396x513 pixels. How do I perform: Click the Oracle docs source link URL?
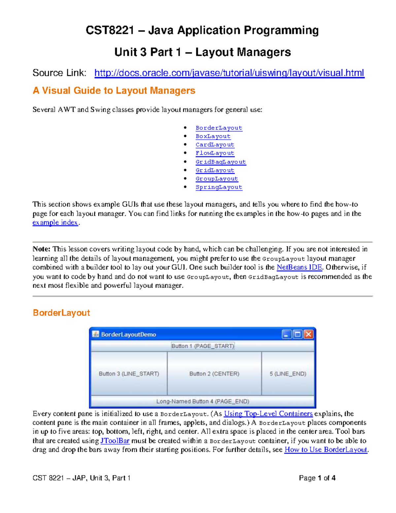(229, 73)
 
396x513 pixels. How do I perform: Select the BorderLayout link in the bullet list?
(219, 128)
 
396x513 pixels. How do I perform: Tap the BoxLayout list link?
(213, 136)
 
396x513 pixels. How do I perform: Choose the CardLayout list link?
(215, 145)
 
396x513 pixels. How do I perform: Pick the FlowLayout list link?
(215, 153)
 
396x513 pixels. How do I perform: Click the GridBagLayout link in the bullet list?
(220, 162)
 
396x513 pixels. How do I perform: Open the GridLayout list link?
(215, 170)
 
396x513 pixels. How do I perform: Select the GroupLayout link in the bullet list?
(216, 179)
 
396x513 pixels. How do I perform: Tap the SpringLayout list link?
(219, 187)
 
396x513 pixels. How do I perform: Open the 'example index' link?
(55, 223)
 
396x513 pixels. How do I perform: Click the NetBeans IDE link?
(299, 267)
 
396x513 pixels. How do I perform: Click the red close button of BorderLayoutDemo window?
(308, 334)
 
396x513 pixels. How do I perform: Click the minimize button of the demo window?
(286, 334)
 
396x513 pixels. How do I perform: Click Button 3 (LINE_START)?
(129, 374)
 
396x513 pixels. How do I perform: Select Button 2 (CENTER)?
(214, 374)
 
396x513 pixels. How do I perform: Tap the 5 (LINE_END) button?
(288, 374)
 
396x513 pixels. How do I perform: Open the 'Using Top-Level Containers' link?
(268, 414)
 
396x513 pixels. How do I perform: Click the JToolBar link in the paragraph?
(115, 441)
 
